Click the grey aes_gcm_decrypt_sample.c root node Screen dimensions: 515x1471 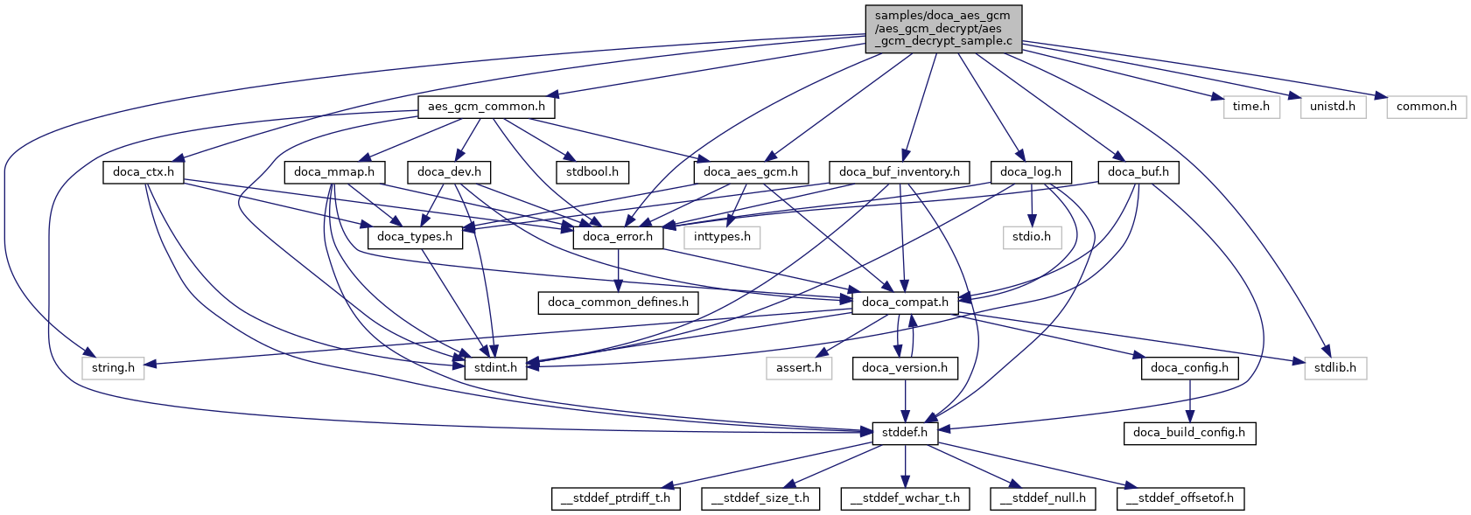coord(943,29)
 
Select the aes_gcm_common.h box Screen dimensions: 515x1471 coord(486,107)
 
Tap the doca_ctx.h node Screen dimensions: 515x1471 coord(144,171)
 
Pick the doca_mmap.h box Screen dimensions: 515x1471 coord(334,171)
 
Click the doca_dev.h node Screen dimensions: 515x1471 coord(449,171)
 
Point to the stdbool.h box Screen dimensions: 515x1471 coord(592,171)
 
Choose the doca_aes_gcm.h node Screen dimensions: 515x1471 coord(751,171)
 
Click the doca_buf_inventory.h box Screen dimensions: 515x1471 coord(899,171)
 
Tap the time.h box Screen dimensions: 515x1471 coord(1250,107)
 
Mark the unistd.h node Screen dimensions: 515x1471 coord(1332,107)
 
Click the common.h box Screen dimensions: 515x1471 coord(1425,107)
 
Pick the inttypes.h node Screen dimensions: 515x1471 coord(722,237)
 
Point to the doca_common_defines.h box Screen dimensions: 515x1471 coord(618,303)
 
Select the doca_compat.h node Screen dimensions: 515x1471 coord(905,303)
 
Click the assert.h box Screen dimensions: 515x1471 coord(798,368)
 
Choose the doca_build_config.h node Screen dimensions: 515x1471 coord(1188,433)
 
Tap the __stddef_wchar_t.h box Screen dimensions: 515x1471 coord(905,498)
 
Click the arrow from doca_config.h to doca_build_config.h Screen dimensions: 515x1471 coord(1188,400)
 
